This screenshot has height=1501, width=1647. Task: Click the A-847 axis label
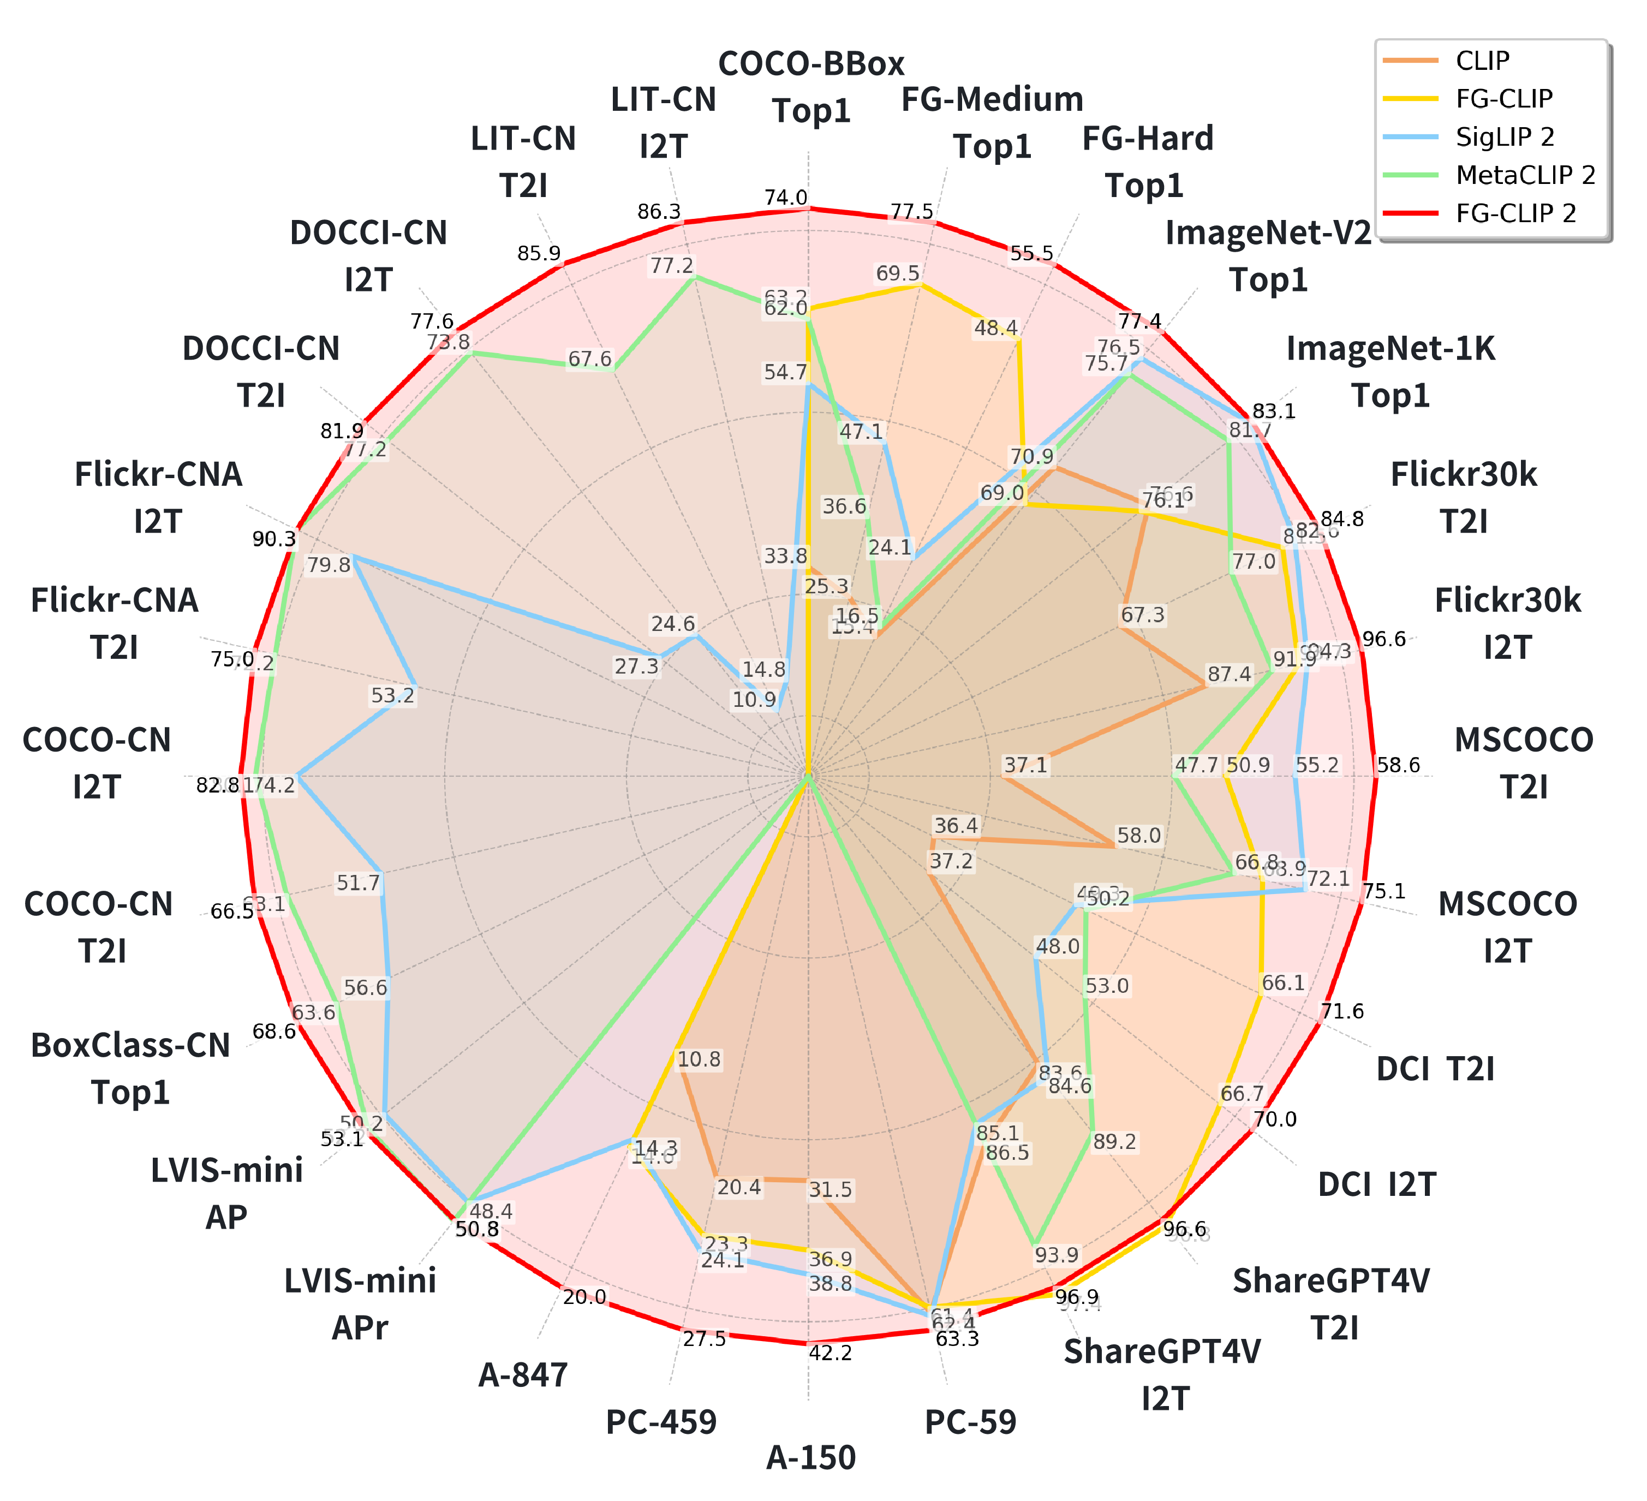(523, 1375)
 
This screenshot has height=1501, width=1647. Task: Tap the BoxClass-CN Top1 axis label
(131, 1068)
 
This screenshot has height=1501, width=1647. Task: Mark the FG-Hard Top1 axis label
(1147, 162)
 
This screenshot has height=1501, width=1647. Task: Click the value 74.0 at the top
(786, 198)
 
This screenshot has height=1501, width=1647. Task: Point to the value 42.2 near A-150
(830, 1353)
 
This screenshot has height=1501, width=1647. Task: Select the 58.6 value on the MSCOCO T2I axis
(1399, 766)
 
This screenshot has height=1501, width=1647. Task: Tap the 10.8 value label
(699, 1060)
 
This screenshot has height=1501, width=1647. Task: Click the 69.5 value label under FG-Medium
(898, 273)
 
